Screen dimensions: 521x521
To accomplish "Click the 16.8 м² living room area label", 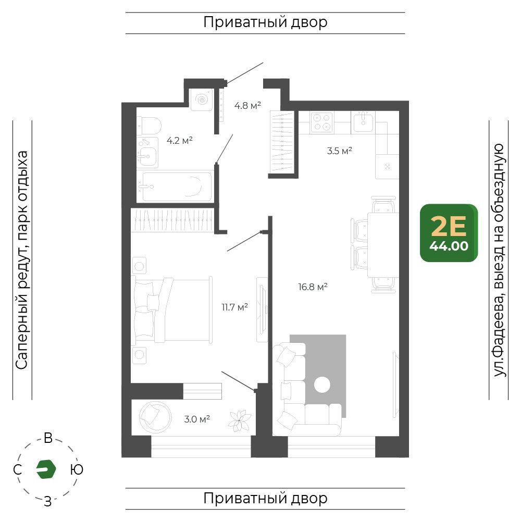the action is point(313,287).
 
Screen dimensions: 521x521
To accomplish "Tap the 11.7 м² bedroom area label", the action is point(234,307).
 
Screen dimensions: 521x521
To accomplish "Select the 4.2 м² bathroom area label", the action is point(179,140).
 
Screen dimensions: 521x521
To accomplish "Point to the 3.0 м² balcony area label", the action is point(197,419).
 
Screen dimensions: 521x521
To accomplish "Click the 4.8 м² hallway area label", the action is point(247,106).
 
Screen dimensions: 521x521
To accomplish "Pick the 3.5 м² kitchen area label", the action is point(340,151).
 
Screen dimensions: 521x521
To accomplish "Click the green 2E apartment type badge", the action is point(449,233).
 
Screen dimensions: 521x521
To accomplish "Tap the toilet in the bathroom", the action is point(149,126).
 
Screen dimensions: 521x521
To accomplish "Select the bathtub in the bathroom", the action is point(177,187).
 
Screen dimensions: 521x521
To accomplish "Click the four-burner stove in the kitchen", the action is point(322,122).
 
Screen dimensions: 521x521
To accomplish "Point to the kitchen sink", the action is point(363,121).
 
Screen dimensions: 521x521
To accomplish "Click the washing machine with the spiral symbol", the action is point(202,100).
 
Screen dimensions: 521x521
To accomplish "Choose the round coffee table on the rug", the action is point(322,385).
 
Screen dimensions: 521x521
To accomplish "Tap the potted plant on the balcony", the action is point(239,421).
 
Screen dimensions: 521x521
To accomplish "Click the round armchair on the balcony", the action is point(155,417).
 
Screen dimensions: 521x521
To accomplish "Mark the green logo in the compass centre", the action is point(46,469).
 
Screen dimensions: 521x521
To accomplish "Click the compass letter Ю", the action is point(77,469).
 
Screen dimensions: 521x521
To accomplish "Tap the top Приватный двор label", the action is point(265,22).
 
